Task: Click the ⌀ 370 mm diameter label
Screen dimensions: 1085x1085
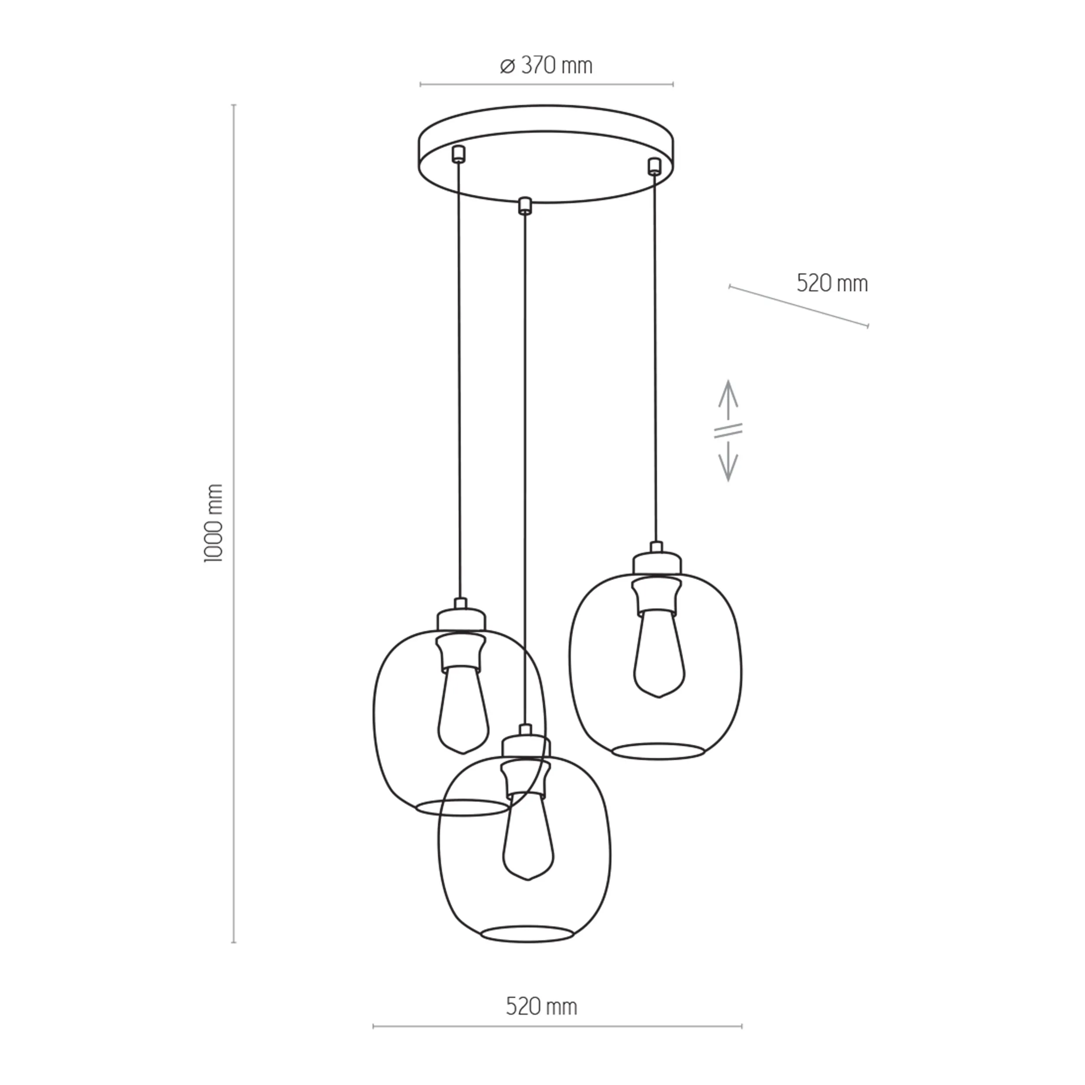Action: (x=546, y=66)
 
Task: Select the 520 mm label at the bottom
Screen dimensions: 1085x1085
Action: (x=541, y=1006)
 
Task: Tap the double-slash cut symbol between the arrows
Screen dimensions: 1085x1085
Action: (x=728, y=431)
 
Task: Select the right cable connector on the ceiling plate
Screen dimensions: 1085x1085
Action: (x=653, y=166)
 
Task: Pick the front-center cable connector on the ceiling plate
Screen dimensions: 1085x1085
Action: (x=525, y=206)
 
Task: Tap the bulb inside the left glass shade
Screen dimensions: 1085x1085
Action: (x=463, y=711)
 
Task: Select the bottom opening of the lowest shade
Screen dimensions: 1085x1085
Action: (x=527, y=934)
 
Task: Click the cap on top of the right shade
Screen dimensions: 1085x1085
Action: (x=657, y=563)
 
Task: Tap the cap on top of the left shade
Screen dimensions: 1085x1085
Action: (x=461, y=619)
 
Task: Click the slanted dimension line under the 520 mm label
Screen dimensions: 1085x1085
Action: (x=798, y=306)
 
